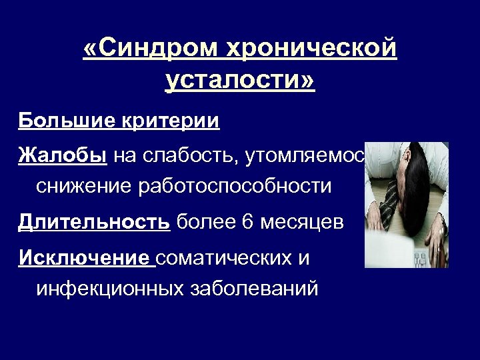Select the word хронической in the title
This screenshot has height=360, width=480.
pos(311,48)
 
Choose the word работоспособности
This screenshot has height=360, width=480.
pos(234,187)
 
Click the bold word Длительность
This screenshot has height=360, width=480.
pos(94,222)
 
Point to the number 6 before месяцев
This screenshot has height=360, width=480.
pos(248,222)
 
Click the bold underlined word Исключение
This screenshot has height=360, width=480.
pos(85,257)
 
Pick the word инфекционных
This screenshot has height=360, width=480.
pos(110,289)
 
